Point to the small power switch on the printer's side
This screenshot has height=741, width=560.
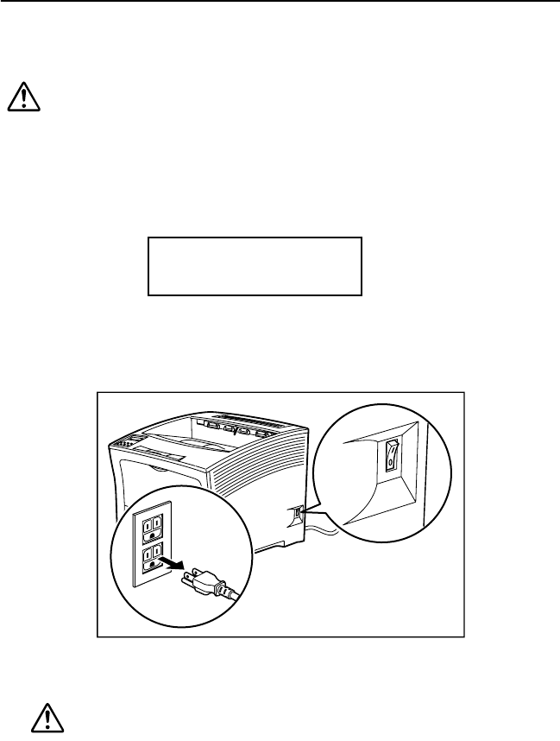(298, 514)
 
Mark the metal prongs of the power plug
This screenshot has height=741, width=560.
(188, 576)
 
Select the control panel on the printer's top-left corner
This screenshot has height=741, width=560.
(123, 444)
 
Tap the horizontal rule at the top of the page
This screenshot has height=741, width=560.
(280, 2)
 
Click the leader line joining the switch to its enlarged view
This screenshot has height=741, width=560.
(311, 508)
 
